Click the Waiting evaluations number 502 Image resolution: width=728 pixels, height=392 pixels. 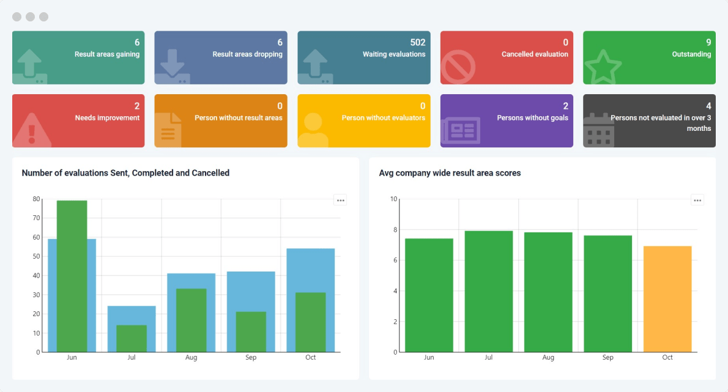pos(417,42)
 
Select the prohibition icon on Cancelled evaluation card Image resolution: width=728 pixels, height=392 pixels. pos(458,67)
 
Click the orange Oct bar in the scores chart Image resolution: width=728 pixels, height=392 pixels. pos(667,299)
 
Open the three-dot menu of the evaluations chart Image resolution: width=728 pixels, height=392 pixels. pos(340,200)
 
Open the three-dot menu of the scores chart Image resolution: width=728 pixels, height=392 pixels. pos(697,200)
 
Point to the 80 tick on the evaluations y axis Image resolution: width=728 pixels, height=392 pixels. pos(36,199)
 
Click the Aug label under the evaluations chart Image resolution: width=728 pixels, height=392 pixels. pos(191,357)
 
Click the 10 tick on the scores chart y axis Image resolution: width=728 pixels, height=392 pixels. pos(393,199)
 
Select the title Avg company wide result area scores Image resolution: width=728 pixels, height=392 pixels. pos(450,173)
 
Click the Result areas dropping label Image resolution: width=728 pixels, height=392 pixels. pos(247,54)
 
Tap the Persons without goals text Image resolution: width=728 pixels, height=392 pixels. pos(532,118)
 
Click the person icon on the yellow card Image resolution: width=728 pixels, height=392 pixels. pos(313,130)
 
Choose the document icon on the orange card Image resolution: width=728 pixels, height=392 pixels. pos(168,130)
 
